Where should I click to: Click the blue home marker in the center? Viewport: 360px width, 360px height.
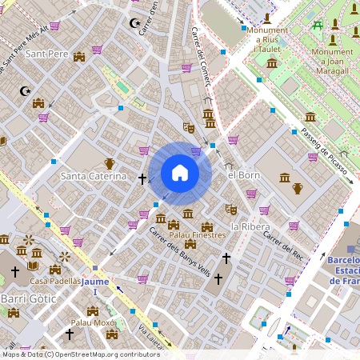click(180, 173)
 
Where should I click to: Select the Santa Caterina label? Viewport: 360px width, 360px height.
click(94, 175)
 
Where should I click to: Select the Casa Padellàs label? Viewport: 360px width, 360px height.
click(55, 281)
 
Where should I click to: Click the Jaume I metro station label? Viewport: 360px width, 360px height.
click(95, 286)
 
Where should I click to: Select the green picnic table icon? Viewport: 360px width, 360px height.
click(318, 24)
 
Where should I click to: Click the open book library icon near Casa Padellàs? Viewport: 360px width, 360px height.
click(33, 266)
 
